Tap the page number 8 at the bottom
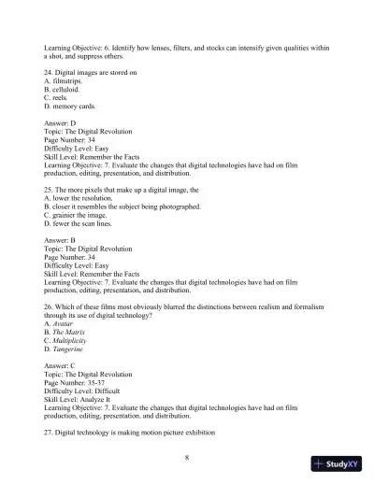187,457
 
